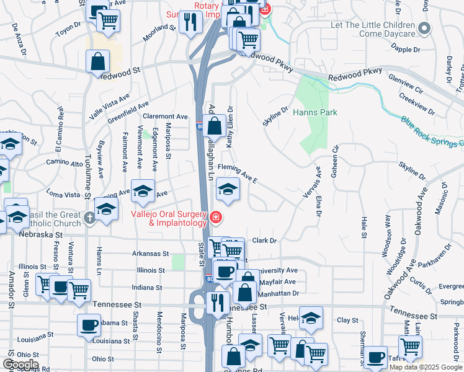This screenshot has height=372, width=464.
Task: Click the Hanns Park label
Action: (x=315, y=113)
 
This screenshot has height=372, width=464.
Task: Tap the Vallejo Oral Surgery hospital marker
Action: (x=215, y=216)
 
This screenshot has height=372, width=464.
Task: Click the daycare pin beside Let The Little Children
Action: (x=424, y=28)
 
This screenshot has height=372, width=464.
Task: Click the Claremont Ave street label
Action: (x=165, y=116)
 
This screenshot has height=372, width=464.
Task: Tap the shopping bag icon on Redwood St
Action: (x=98, y=62)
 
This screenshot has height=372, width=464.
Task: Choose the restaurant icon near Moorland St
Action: (x=190, y=23)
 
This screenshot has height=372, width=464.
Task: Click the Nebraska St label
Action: (x=43, y=236)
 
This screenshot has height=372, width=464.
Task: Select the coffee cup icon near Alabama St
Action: (x=89, y=325)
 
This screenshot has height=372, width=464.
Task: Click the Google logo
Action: (x=20, y=365)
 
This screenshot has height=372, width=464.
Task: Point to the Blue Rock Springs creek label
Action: (x=431, y=131)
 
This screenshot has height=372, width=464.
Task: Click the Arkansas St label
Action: (x=151, y=254)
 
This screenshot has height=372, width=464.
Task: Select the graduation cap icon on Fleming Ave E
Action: (x=228, y=189)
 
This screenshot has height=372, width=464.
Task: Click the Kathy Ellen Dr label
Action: (x=230, y=126)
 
